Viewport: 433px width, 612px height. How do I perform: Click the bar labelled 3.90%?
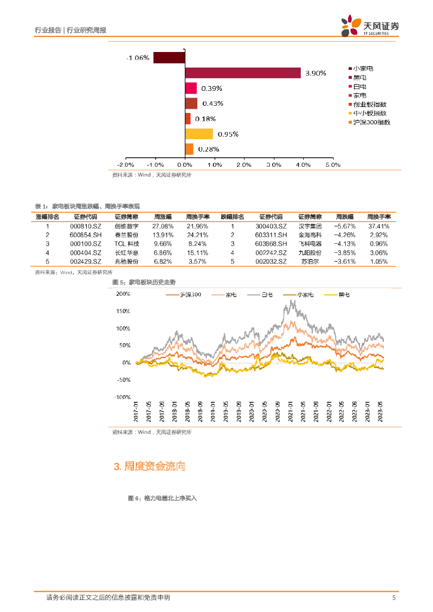coord(242,73)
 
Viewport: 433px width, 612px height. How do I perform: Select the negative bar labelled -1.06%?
coord(169,58)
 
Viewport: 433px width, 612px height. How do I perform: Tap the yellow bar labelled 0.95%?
coord(199,134)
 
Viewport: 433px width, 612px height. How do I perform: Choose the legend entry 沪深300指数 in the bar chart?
coord(371,122)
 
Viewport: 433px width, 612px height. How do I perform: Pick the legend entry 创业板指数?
coord(370,104)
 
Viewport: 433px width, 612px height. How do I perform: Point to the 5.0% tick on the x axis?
coord(332,164)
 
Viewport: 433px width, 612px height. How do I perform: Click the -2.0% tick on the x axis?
coord(125,164)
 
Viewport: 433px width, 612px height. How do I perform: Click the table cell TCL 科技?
coord(126,244)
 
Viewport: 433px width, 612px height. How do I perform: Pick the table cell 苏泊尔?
coord(310,262)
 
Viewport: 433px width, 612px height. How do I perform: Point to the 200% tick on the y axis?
coord(123,294)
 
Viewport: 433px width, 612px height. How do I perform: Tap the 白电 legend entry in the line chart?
coord(265,295)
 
